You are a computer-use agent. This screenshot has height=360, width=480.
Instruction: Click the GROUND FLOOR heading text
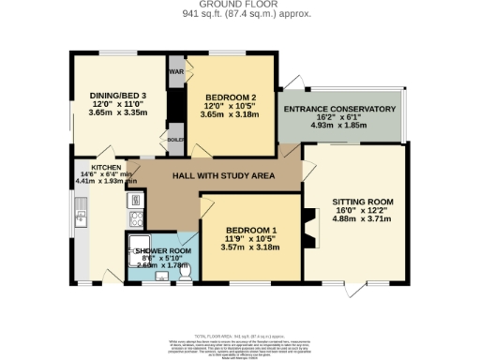pos(240,5)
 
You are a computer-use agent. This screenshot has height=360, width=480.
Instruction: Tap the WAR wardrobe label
pos(175,71)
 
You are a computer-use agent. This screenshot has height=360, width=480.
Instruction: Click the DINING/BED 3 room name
pos(112,96)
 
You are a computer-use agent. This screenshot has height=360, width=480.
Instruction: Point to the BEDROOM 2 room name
pos(231,97)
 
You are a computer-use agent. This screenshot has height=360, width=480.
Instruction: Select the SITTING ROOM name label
pos(360,202)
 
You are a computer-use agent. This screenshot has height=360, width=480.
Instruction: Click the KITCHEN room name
pos(105,167)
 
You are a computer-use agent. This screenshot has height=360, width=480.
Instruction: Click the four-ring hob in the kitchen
pos(136,220)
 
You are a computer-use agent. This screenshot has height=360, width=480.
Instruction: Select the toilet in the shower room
pos(185,271)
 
